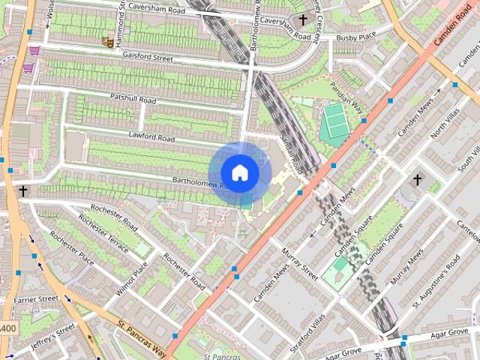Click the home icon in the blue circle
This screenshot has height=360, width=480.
pos(239,172)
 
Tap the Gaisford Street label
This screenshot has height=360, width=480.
pos(148,58)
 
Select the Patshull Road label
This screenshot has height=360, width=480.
pos(133,98)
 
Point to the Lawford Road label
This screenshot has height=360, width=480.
pos(151,138)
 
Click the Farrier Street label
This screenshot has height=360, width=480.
pos(35,299)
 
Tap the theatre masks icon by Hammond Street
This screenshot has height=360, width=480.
pos(109,43)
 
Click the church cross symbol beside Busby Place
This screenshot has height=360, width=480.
pos(303,19)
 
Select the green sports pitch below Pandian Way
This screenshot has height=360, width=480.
pos(335,120)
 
